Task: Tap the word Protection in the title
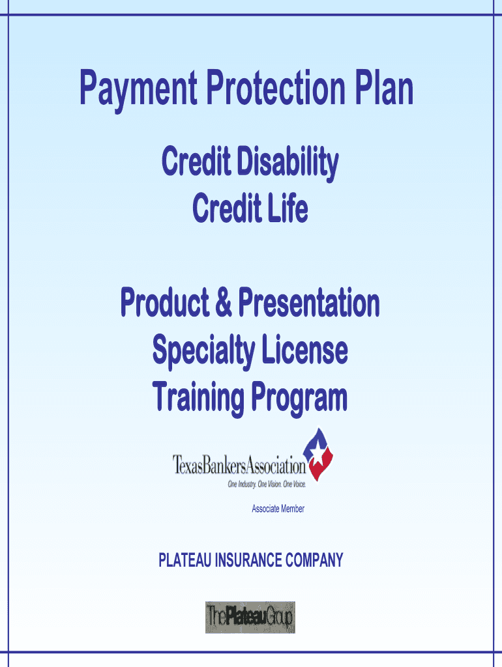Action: tap(276, 87)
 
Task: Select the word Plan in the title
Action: tap(384, 87)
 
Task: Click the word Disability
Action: tap(288, 162)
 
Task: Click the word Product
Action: tap(165, 302)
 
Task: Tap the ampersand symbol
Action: tap(224, 302)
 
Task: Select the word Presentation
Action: tap(308, 302)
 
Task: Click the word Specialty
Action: tap(203, 351)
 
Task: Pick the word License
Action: tap(304, 349)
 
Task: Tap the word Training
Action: tap(198, 398)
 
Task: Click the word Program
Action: tap(299, 398)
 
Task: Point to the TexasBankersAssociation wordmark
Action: tap(239, 464)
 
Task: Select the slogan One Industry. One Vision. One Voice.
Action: tap(267, 484)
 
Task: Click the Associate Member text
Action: tap(278, 509)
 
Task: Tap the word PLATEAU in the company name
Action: tap(185, 560)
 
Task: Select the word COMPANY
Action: tap(314, 560)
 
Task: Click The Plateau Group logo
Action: tap(250, 617)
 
